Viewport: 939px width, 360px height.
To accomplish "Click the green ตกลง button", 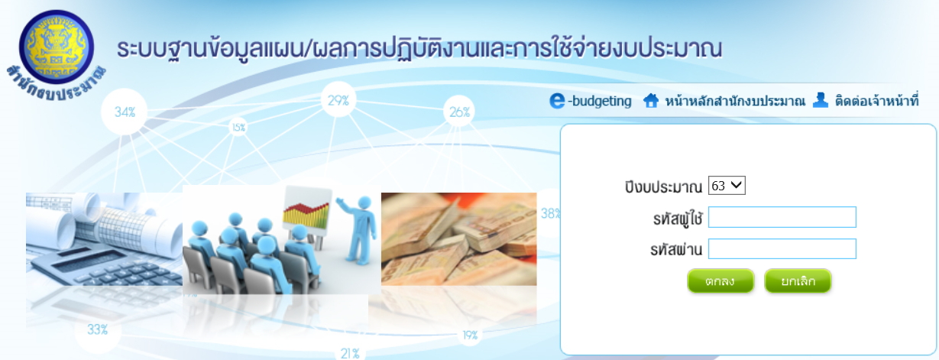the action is pyautogui.click(x=720, y=281).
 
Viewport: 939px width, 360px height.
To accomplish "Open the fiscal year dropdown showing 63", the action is pyautogui.click(x=727, y=186).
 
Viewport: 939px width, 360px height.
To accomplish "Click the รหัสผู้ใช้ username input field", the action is pyautogui.click(x=782, y=217).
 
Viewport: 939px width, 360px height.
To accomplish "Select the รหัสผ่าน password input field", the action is pyautogui.click(x=782, y=249).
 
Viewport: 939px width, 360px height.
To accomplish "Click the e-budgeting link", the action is pyautogui.click(x=591, y=101).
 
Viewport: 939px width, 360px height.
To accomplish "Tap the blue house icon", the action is pyautogui.click(x=651, y=101).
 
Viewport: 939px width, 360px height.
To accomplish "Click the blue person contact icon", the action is pyautogui.click(x=821, y=100).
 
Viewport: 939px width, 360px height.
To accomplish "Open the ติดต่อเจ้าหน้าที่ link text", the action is pyautogui.click(x=877, y=101).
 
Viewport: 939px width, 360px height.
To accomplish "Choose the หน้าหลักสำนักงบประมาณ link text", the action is pyautogui.click(x=735, y=101).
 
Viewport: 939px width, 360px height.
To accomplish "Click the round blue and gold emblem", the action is pyautogui.click(x=57, y=47).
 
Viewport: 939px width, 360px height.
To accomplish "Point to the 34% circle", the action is pyautogui.click(x=125, y=112).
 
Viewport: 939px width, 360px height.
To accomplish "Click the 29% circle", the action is pyautogui.click(x=338, y=100).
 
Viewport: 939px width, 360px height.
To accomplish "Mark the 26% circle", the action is pyautogui.click(x=459, y=112).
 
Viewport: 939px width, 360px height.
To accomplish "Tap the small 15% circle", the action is pyautogui.click(x=238, y=127).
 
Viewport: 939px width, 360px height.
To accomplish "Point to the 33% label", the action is pyautogui.click(x=97, y=329).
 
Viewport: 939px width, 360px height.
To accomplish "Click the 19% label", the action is pyautogui.click(x=470, y=336).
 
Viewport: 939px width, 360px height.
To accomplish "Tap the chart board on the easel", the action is pyautogui.click(x=306, y=209).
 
